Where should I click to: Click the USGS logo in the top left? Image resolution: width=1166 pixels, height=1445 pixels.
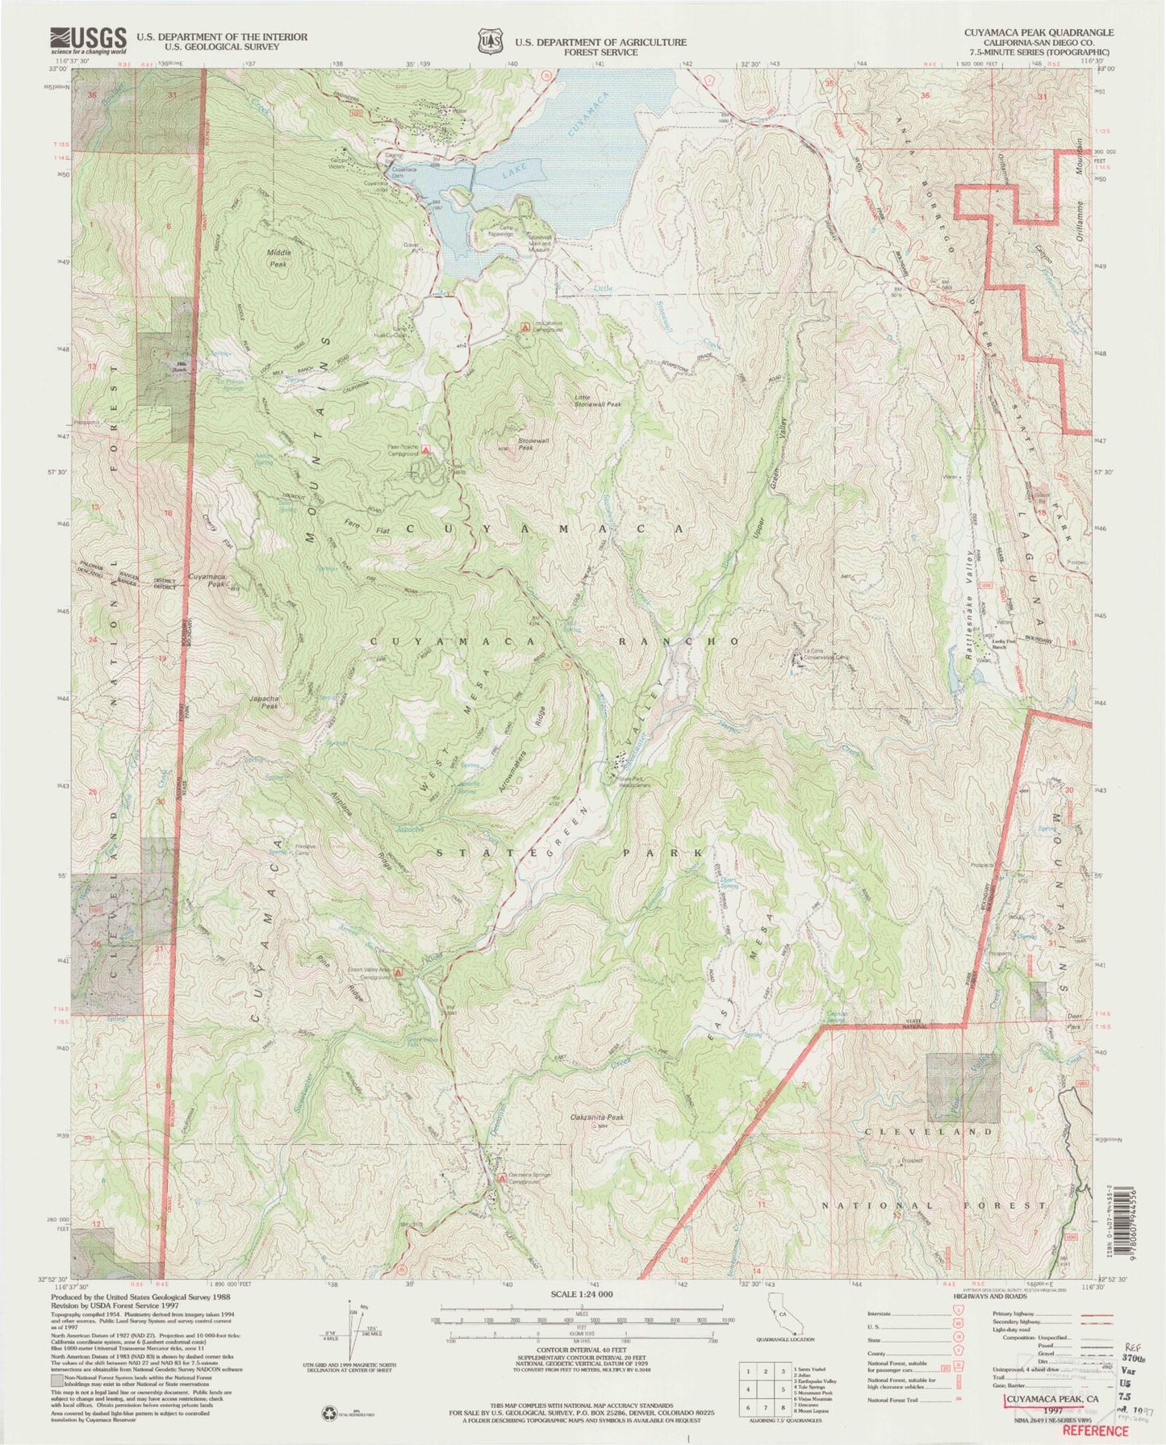[89, 39]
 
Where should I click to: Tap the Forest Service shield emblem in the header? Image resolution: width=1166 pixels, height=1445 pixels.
[487, 41]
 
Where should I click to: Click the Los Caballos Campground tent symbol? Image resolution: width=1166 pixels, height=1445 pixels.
[525, 328]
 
